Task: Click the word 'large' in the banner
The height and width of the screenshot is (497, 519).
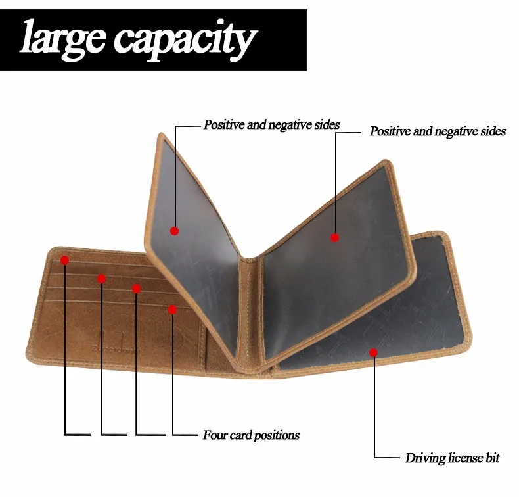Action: point(62,38)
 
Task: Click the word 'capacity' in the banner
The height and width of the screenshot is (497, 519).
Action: point(183,39)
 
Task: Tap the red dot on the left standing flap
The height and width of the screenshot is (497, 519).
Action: point(174,231)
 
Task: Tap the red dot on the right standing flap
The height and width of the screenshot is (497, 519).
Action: point(334,237)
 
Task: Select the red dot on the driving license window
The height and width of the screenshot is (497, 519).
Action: point(373,352)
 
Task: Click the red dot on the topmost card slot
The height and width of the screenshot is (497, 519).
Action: point(64,260)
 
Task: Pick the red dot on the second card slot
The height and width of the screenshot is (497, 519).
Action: point(101,279)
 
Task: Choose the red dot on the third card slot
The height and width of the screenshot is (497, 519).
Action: point(136,289)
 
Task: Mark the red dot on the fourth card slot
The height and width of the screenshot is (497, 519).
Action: point(172,310)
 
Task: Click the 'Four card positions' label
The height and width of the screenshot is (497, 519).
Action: point(251,435)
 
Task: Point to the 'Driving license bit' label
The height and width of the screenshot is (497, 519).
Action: point(453,458)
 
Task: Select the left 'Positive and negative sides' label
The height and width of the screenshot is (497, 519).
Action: point(271,124)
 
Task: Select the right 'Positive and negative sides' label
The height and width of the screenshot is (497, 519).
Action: point(438,131)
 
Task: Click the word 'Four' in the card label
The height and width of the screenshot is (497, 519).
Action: point(214,435)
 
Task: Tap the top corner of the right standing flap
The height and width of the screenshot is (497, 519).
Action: point(386,162)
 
